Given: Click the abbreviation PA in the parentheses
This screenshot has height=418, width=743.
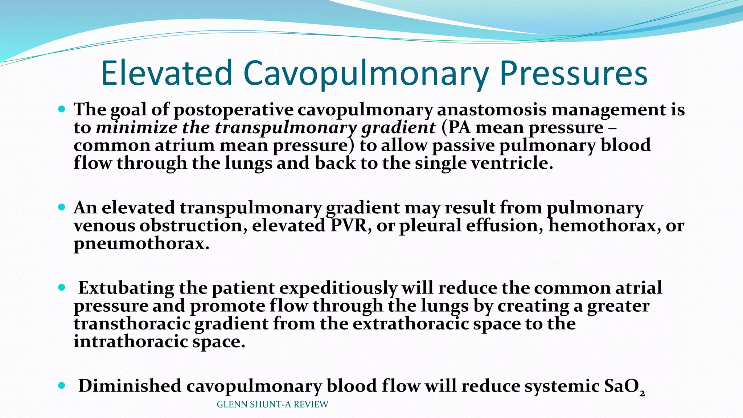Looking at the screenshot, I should click(456, 127).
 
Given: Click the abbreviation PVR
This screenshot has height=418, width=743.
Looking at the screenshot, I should click(351, 225).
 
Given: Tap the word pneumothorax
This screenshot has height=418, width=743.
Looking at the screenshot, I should click(141, 243).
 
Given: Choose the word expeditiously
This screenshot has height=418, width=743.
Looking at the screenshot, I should click(338, 288).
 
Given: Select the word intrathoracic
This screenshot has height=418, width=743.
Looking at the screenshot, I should click(131, 341).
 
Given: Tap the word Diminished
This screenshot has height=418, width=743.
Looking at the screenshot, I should click(130, 386).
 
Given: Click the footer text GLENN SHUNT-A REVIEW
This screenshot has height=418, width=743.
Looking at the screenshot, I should click(272, 404).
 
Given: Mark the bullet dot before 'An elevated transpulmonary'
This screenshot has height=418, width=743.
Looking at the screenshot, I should click(61, 207).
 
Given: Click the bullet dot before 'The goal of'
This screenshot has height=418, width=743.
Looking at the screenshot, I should click(61, 109).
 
